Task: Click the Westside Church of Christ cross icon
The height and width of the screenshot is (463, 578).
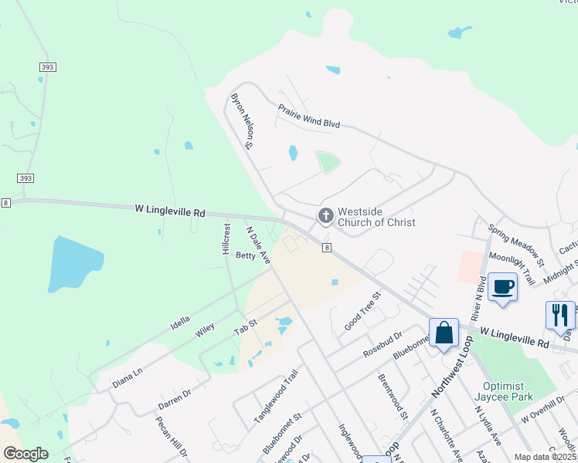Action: pos(326,216)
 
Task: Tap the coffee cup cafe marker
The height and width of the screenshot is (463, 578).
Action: pos(502,287)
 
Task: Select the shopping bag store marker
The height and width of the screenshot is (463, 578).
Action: pos(444,333)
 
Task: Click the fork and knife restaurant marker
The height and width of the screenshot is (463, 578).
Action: pos(560,315)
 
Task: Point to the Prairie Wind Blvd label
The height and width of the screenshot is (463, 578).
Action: pos(309,117)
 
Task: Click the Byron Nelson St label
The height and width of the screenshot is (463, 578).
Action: pos(243,120)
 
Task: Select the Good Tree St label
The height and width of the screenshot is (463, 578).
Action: pos(363,310)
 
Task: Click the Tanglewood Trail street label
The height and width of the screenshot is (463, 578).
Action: pos(276,397)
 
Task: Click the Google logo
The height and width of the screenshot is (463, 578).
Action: pos(25,454)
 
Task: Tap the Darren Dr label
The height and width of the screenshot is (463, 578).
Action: pos(175,398)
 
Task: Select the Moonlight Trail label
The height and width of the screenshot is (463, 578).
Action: pos(512,266)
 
